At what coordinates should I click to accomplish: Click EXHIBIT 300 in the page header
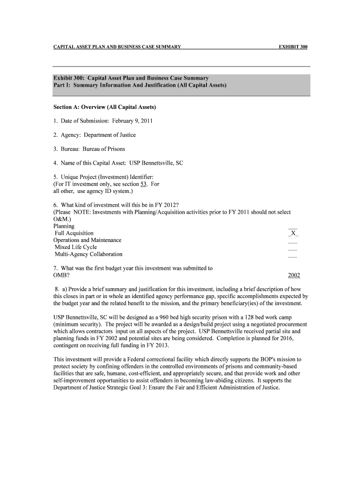click(293, 47)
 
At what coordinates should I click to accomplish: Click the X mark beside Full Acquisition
click(293, 233)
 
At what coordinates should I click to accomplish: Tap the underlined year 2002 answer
click(294, 275)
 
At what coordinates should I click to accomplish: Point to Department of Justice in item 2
click(110, 135)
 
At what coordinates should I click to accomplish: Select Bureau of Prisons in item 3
click(104, 149)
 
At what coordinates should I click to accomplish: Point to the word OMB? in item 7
click(62, 275)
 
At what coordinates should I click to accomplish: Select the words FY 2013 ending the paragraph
click(153, 346)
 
